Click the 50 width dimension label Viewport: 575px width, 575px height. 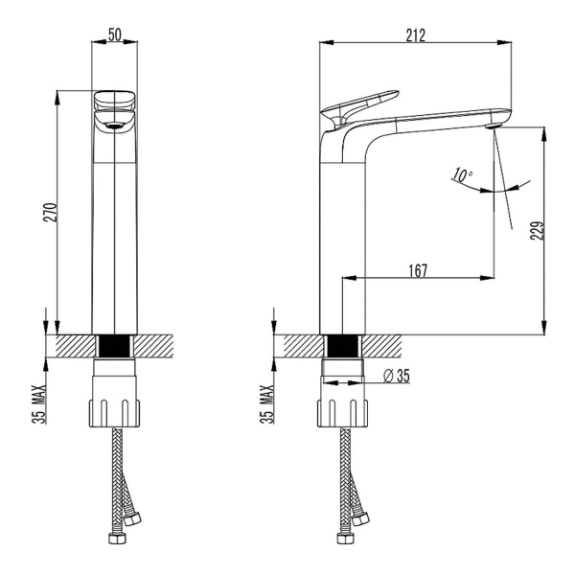point(115,34)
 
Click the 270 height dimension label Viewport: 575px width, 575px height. point(50,213)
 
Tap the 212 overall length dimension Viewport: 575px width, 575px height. point(416,35)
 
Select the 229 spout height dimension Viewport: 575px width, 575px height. point(537,230)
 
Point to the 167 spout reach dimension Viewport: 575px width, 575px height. point(418,270)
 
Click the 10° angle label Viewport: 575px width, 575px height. point(462,175)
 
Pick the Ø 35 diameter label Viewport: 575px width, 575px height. point(397,376)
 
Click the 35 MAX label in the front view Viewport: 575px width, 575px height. point(39,404)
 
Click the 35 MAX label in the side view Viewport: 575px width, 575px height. point(267,404)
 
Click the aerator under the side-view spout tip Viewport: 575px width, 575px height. point(493,126)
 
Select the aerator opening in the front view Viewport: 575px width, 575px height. point(114,126)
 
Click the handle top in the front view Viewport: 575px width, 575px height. point(115,100)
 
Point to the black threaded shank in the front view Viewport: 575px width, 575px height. point(115,346)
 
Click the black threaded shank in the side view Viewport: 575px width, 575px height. point(343,346)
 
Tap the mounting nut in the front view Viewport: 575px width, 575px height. point(114,413)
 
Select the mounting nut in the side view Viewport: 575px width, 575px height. point(342,413)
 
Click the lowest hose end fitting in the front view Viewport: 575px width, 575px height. point(117,539)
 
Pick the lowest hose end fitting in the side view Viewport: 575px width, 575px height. point(345,539)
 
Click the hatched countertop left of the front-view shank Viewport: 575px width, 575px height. point(76,346)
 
